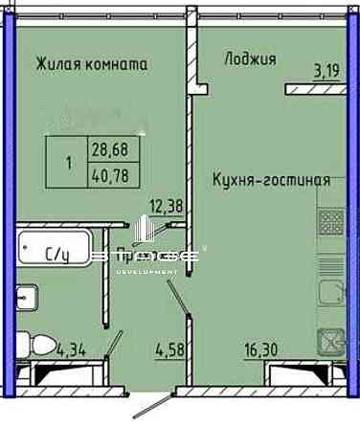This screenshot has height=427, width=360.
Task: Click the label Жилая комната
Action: [x=91, y=65]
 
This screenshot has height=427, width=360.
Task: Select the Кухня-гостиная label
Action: [x=272, y=179]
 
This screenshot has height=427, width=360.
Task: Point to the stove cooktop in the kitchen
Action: [x=331, y=222]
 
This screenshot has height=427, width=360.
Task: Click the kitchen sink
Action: [x=332, y=340]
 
